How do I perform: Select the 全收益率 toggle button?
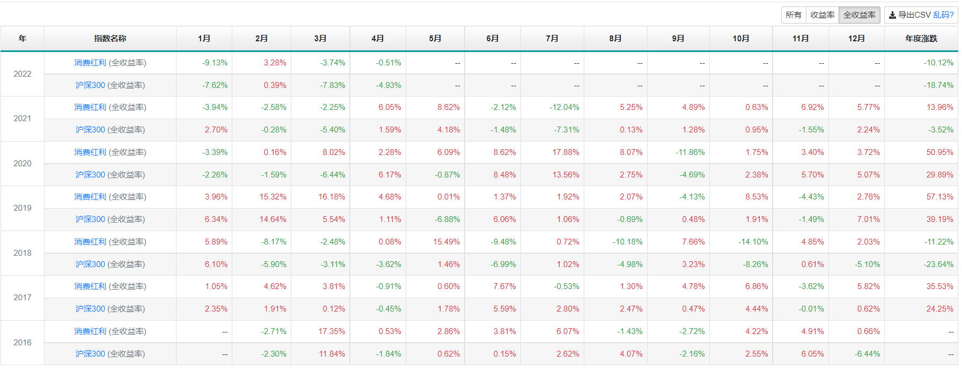coord(859,15)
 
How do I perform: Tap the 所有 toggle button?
coord(793,15)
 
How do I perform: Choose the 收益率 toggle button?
coord(822,15)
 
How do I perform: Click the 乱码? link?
coord(943,15)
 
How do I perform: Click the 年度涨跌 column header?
coord(921,39)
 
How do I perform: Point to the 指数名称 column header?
coord(110,39)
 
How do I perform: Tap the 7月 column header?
coord(552,39)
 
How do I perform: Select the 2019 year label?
coord(23,208)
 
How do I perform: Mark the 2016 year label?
coord(23,343)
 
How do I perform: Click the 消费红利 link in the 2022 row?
coord(90,63)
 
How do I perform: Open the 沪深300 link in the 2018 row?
coord(90,264)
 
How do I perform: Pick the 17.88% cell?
coord(566,152)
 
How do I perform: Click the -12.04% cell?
coord(564,107)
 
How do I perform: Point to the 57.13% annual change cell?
coord(939,197)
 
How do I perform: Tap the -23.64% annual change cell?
coord(938,264)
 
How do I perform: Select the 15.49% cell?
coord(446,242)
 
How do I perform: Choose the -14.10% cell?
coord(753,242)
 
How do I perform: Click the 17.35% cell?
coord(332,331)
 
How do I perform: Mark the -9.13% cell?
coord(215,63)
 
